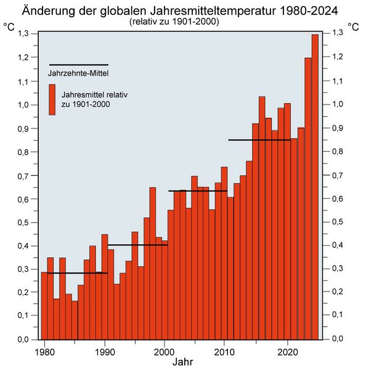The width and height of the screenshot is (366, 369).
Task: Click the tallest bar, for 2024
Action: tap(315, 184)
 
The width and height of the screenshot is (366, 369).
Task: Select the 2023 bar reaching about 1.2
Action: tap(308, 197)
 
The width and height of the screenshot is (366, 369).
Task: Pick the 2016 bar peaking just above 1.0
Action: tap(262, 215)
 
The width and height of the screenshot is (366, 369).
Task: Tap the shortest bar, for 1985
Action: tap(75, 320)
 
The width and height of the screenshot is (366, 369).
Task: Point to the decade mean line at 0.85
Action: tap(259, 140)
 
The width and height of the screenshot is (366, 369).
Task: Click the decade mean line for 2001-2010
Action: tap(197, 191)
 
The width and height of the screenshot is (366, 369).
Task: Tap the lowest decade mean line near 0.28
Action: tap(78, 273)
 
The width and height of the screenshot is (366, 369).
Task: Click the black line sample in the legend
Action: tap(78, 65)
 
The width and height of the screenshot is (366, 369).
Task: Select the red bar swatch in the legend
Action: tap(52, 100)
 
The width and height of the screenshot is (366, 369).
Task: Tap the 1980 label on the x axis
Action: tap(44, 352)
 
